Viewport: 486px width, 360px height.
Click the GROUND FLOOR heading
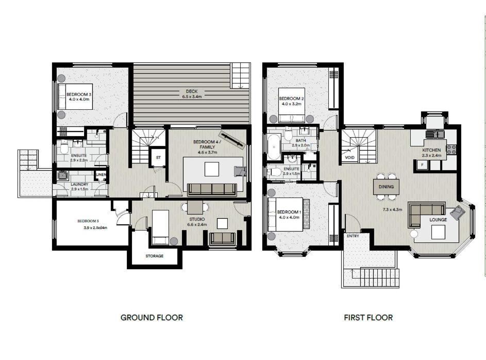[x=152, y=318]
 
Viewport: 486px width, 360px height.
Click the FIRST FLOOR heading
[x=368, y=318]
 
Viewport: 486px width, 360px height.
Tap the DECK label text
[x=192, y=91]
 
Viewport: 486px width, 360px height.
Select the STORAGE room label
[x=154, y=256]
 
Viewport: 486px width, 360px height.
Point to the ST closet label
[x=158, y=157]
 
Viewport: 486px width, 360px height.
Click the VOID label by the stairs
[x=349, y=157]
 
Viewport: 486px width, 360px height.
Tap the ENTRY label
[x=353, y=236]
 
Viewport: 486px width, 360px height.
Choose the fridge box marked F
[x=422, y=165]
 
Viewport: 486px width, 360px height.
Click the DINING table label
[x=386, y=187]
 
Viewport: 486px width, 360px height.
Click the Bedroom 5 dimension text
[x=95, y=227]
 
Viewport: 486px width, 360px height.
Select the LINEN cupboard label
[x=101, y=174]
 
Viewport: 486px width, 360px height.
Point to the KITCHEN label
[x=431, y=150]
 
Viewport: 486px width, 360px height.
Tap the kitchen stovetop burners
[x=451, y=150]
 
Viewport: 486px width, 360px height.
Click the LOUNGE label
[x=438, y=220]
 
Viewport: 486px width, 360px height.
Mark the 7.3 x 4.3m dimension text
[x=392, y=209]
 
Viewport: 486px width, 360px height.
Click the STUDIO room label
[x=197, y=219]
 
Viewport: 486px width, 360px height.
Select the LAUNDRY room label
[x=79, y=184]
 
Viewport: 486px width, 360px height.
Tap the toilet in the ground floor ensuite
[x=64, y=147]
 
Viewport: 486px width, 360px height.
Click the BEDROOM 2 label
[x=291, y=99]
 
